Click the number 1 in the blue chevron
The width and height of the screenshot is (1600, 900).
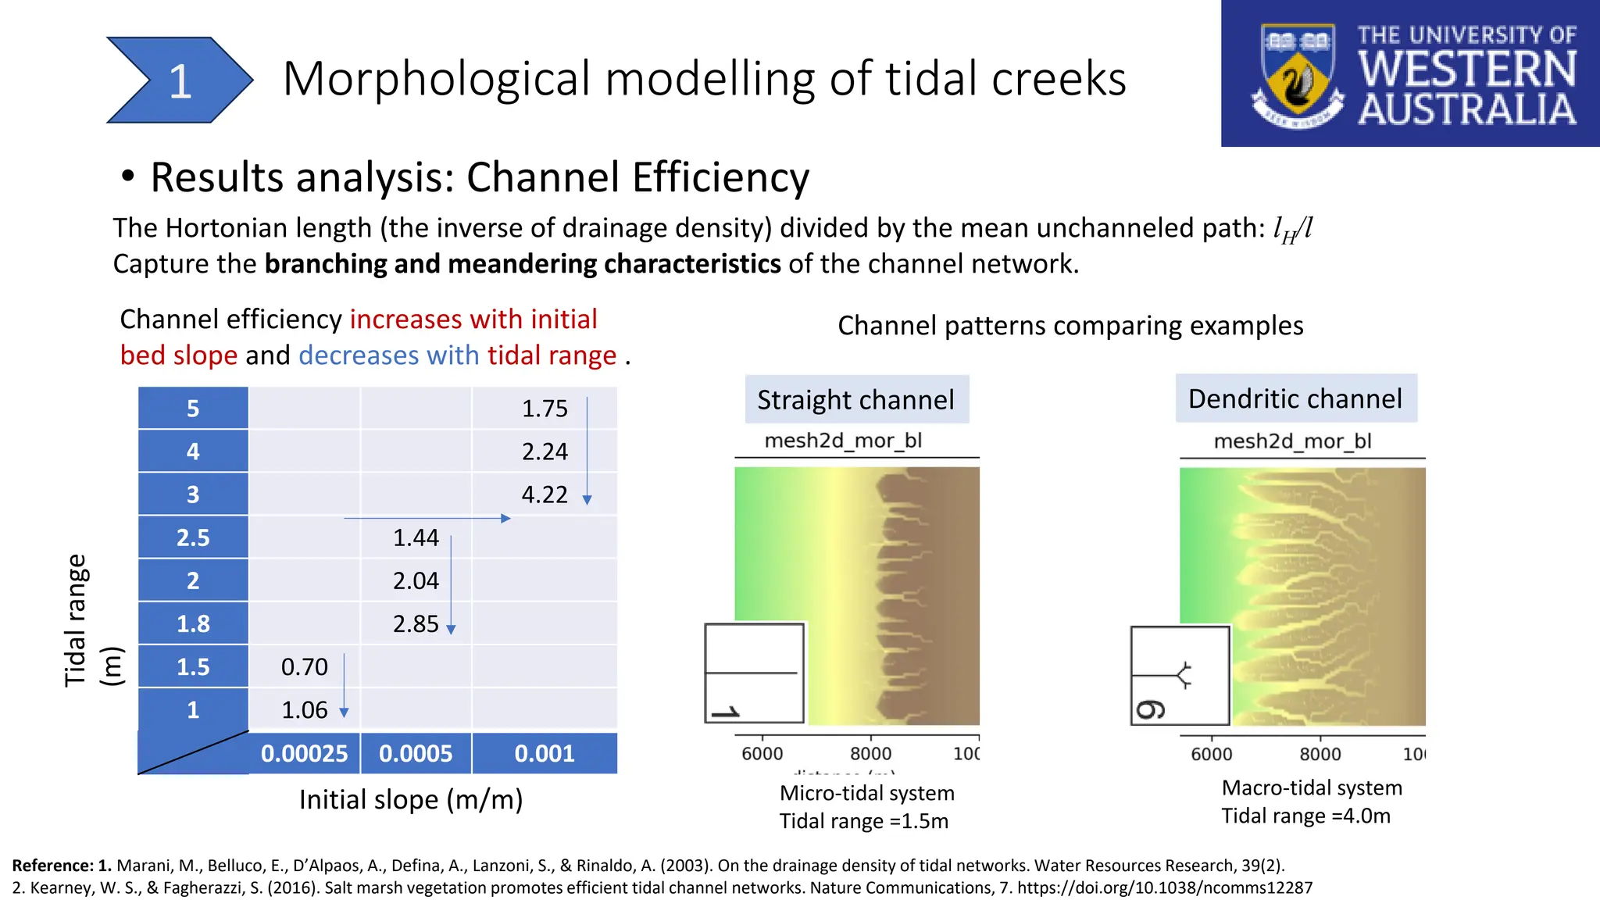coord(180,81)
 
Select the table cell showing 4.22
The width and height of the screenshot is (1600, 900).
coord(544,495)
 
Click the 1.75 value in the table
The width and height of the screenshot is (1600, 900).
coord(544,409)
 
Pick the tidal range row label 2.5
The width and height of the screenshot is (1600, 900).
coord(193,537)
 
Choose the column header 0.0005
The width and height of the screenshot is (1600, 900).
coord(416,753)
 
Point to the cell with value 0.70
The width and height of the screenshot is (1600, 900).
coord(304,666)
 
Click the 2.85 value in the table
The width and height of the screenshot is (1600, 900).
coord(416,623)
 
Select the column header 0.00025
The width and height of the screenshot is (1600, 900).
coord(304,753)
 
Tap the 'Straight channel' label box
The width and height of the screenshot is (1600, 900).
coord(856,399)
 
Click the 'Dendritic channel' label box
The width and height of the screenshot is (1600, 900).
coord(1295,398)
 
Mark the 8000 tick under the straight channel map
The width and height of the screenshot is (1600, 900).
coord(870,753)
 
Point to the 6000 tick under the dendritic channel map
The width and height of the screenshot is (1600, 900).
coord(1211,754)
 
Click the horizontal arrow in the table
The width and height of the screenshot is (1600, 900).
coord(427,518)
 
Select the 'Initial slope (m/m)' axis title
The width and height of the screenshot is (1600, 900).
coord(411,799)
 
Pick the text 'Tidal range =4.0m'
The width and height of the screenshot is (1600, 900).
coord(1305,816)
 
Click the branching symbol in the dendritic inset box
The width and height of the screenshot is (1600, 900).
coord(1183,674)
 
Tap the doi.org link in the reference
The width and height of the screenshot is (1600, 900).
coord(1164,887)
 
